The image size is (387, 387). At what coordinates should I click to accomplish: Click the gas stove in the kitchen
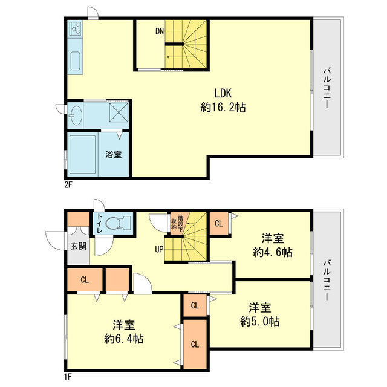[76, 28]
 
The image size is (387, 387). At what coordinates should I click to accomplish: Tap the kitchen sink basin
[76, 61]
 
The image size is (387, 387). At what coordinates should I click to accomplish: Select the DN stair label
[160, 31]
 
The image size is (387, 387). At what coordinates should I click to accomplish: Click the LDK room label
[223, 93]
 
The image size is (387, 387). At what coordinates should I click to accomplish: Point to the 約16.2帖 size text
[223, 108]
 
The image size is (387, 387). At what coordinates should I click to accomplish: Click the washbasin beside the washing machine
[76, 115]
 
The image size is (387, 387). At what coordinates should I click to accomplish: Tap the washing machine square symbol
[119, 112]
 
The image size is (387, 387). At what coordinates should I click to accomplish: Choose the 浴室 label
[114, 155]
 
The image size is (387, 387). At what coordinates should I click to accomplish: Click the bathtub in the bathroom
[82, 155]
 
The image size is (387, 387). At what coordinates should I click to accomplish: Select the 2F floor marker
[68, 184]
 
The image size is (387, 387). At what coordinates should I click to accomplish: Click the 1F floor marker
[68, 377]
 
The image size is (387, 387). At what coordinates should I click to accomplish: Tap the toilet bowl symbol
[118, 223]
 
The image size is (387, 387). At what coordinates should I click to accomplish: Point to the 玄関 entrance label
[79, 246]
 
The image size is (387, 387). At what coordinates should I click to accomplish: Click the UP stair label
[159, 249]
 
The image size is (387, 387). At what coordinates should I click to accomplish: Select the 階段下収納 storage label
[177, 223]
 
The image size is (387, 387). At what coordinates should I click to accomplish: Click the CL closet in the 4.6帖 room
[219, 223]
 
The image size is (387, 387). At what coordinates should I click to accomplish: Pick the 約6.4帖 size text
[124, 339]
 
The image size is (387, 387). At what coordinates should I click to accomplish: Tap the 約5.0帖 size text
[260, 321]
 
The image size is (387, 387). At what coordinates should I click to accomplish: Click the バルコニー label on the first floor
[327, 280]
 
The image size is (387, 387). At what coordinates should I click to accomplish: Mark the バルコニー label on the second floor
[327, 88]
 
